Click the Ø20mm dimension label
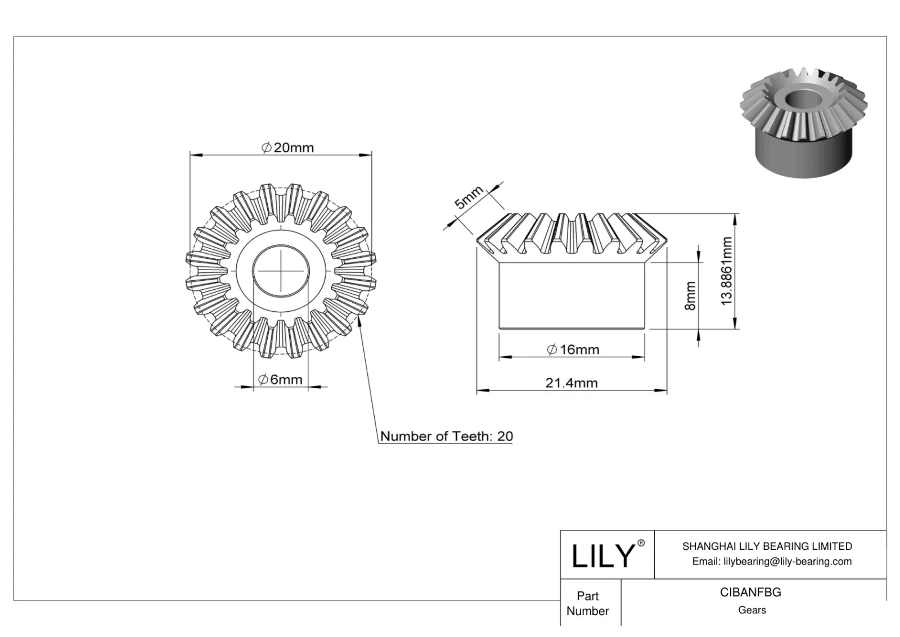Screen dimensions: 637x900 click(288, 147)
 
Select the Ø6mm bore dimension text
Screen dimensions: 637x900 click(280, 380)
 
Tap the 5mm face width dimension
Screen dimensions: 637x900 click(468, 198)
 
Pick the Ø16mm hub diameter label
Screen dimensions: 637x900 click(573, 349)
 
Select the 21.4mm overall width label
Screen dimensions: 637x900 click(571, 383)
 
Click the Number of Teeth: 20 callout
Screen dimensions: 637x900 click(446, 436)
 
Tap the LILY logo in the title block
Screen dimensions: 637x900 click(602, 556)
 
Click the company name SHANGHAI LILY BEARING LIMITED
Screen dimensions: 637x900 click(767, 546)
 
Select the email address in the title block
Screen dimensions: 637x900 click(771, 561)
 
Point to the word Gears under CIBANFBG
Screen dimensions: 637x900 click(751, 610)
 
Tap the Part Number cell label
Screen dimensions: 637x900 click(588, 603)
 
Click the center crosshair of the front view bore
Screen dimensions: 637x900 click(280, 271)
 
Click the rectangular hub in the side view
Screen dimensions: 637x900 click(571, 295)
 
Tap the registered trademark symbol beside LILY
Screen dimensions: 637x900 click(641, 543)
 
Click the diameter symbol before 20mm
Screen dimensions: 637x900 click(267, 147)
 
